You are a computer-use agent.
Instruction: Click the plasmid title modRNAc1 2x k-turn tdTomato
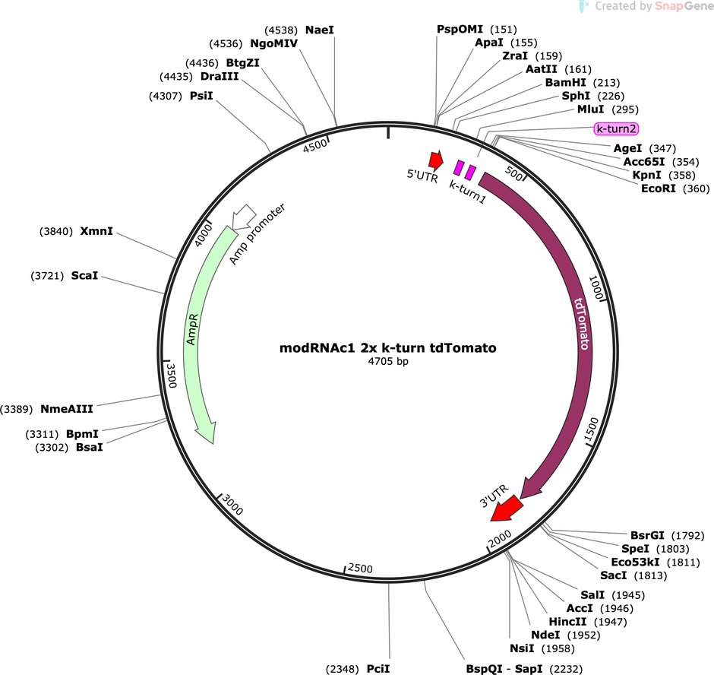coord(387,347)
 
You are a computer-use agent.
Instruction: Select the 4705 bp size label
coord(388,361)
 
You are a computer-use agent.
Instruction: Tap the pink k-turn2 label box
coord(616,129)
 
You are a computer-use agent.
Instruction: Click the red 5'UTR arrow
coord(436,159)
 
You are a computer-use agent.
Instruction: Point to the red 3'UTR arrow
coord(506,509)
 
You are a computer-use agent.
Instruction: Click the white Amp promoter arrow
coord(244,217)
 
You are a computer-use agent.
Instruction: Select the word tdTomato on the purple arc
coord(582,324)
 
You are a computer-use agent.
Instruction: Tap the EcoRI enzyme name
coord(659,189)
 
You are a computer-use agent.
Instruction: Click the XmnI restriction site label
coord(96,231)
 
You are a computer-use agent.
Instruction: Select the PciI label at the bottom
coord(378,669)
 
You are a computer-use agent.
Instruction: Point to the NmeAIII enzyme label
coord(67,409)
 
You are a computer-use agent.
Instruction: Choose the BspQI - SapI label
coord(504,669)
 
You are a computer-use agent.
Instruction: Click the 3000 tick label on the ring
coord(232,505)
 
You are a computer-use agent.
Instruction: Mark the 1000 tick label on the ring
coord(596,287)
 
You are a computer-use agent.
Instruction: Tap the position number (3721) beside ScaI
coord(47,276)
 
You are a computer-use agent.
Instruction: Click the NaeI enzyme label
coord(320,30)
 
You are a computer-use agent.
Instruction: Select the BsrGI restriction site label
coord(647,535)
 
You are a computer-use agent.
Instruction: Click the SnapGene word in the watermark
coord(684,6)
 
